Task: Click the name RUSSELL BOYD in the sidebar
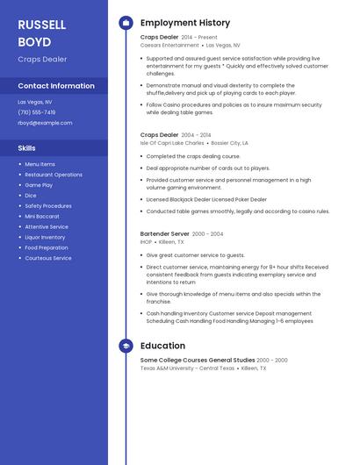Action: pos(42,32)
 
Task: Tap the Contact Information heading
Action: pos(56,86)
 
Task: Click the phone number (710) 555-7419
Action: pos(37,112)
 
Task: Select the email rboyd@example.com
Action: pos(45,123)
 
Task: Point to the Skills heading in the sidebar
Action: pos(27,148)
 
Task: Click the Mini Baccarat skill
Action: pos(42,216)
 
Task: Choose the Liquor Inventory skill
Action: pos(45,237)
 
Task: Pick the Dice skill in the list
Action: pos(31,196)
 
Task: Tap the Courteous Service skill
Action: pos(48,258)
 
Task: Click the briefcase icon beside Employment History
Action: pos(126,23)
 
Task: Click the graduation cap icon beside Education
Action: pos(126,347)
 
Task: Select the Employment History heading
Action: pos(185,23)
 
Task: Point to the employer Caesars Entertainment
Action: pos(169,46)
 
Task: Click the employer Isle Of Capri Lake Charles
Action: pos(172,142)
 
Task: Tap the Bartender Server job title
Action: pos(164,234)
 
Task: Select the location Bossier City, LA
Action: pos(230,142)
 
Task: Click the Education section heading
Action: pos(162,347)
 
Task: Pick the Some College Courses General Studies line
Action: pos(198,360)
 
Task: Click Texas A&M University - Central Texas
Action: pos(187,368)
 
